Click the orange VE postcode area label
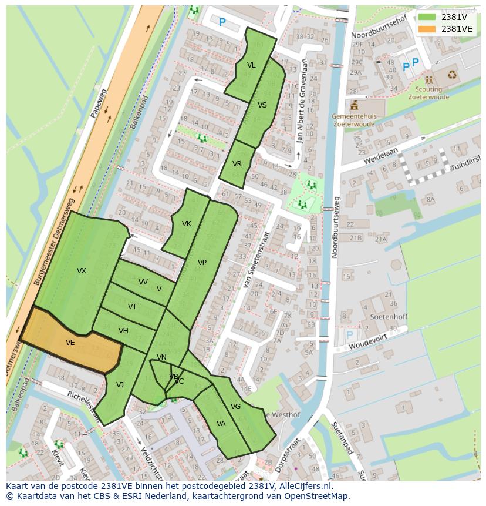coord(70,343)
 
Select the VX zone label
coord(82,271)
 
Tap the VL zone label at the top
coord(251,65)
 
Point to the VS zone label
coord(262,105)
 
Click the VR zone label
coord(237,164)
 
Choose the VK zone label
coord(187,224)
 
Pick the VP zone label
coord(202,263)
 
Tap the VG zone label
coord(235,407)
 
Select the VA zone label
coord(221,424)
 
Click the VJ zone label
coord(120,385)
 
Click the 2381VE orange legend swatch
coord(427,28)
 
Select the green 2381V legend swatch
coord(427,16)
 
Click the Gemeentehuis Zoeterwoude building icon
coord(354,106)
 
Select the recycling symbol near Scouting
coord(452,75)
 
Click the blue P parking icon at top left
coord(222,22)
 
